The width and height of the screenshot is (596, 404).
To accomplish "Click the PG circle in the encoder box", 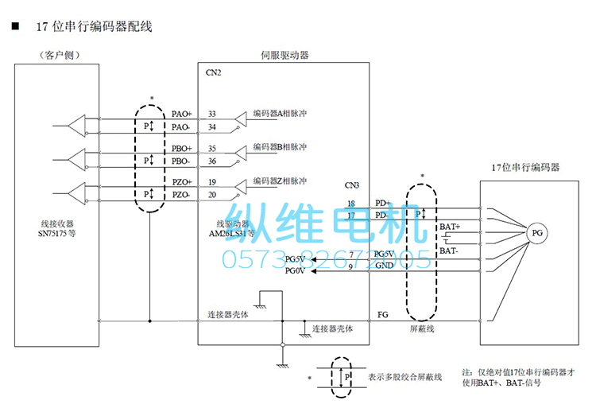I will pyautogui.click(x=538, y=233).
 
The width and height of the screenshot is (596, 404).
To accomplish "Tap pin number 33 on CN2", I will pyautogui.click(x=212, y=115).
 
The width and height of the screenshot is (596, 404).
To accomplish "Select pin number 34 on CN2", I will pyautogui.click(x=212, y=127).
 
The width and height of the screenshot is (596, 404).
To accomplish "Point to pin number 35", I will pyautogui.click(x=212, y=149).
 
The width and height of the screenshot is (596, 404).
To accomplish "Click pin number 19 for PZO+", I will pyautogui.click(x=212, y=182).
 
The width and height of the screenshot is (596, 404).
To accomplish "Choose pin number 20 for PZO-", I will pyautogui.click(x=212, y=195).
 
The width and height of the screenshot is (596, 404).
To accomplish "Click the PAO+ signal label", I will pyautogui.click(x=182, y=115).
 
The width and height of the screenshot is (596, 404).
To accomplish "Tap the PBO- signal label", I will pyautogui.click(x=181, y=161).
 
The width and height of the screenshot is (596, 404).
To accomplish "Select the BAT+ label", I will pyautogui.click(x=450, y=227).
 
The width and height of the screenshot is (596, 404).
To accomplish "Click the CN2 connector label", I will pyautogui.click(x=214, y=73).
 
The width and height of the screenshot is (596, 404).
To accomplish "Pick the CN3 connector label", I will pyautogui.click(x=352, y=186).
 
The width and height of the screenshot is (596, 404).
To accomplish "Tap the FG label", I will pyautogui.click(x=383, y=315).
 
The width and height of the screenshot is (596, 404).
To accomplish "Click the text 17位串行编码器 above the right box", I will pyautogui.click(x=525, y=168).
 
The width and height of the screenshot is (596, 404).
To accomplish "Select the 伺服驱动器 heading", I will pyautogui.click(x=284, y=56).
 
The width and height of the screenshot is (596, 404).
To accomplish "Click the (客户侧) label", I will pyautogui.click(x=60, y=56).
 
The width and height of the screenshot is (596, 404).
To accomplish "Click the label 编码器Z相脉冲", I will pyautogui.click(x=280, y=181).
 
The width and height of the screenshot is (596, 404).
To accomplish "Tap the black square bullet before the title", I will pyautogui.click(x=15, y=26).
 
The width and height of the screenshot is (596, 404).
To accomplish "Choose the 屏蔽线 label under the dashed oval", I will pyautogui.click(x=422, y=328).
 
